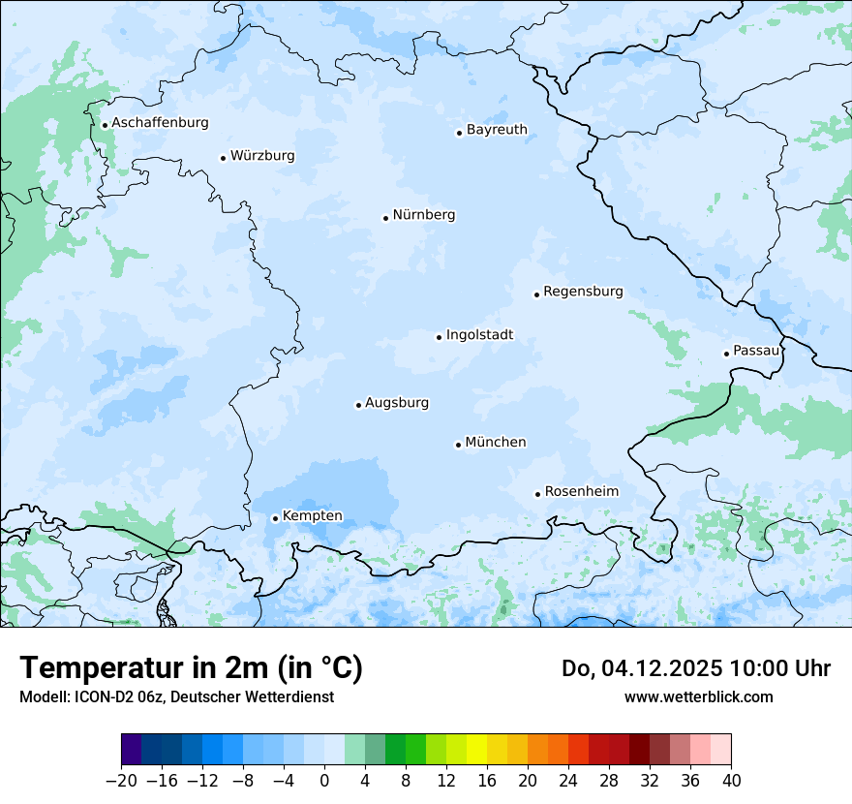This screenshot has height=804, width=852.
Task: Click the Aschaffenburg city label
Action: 160,123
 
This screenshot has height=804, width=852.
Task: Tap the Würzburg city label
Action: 262,156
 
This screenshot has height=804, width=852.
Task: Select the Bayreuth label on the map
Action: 497,130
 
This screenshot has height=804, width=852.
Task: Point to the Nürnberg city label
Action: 423,215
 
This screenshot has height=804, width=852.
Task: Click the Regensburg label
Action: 583,292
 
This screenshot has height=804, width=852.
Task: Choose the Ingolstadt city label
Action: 479,335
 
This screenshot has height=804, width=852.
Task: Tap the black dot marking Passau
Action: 726,354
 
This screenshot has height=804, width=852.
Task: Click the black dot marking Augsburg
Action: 358,405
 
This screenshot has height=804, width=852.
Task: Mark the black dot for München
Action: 458,445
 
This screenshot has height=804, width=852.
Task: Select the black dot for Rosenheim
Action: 538,494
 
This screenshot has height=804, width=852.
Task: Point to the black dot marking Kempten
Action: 275,518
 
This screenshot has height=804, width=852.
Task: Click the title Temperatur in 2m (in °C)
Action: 191,668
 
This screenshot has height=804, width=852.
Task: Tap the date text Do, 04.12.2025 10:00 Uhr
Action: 695,668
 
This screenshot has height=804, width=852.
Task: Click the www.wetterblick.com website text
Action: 698,696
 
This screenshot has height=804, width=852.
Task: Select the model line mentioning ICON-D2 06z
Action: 176,696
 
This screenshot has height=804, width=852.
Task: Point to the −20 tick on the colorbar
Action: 122,781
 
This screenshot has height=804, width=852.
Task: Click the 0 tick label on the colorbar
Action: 324,781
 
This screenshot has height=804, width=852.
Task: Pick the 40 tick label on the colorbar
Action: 731,781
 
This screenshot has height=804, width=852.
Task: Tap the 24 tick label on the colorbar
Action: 568,781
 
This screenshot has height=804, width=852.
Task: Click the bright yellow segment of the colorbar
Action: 476,750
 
